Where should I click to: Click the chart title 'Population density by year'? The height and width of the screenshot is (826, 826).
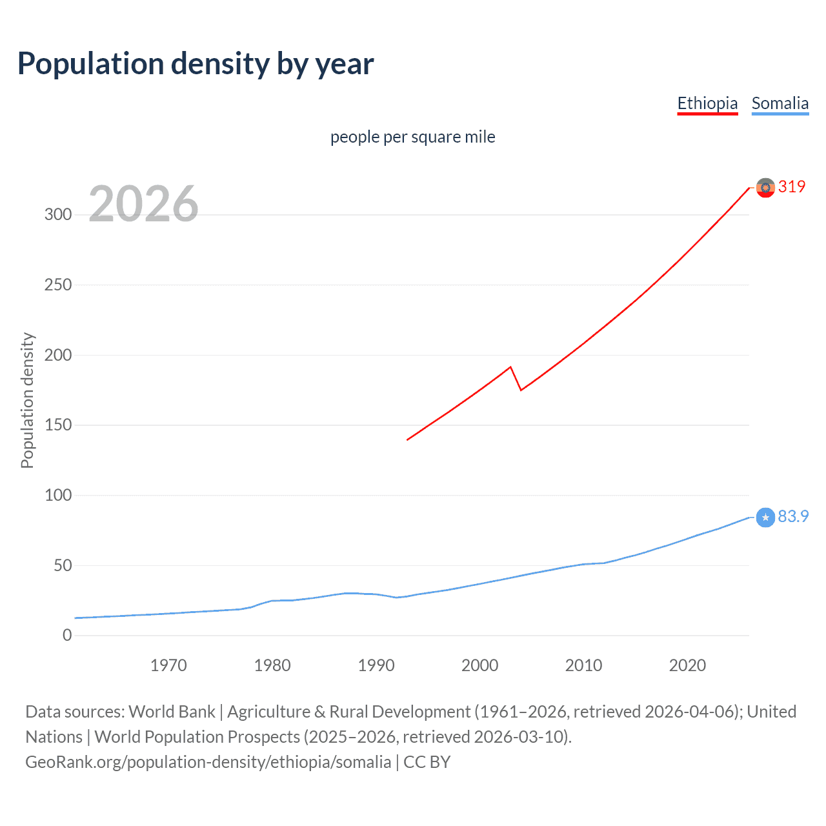pyautogui.click(x=196, y=64)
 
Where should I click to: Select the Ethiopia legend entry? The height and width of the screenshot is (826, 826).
pyautogui.click(x=707, y=104)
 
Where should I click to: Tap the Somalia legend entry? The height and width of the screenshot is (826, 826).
pyautogui.click(x=780, y=104)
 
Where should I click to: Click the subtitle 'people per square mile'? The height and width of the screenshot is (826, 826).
pyautogui.click(x=412, y=137)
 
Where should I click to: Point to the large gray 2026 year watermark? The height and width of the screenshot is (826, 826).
pyautogui.click(x=143, y=204)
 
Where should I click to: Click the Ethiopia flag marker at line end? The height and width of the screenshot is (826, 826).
pyautogui.click(x=765, y=188)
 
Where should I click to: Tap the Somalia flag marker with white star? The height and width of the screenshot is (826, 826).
pyautogui.click(x=765, y=518)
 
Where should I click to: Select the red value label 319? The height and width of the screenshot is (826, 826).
pyautogui.click(x=792, y=186)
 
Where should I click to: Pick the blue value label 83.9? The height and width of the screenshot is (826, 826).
pyautogui.click(x=793, y=516)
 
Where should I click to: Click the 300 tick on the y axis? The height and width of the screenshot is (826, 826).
pyautogui.click(x=58, y=215)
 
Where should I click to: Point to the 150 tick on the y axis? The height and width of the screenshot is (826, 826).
pyautogui.click(x=58, y=425)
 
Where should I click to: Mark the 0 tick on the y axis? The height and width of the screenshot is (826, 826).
pyautogui.click(x=67, y=636)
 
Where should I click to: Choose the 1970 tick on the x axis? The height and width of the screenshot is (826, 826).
pyautogui.click(x=168, y=665)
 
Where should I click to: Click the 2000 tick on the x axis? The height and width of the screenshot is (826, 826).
pyautogui.click(x=479, y=665)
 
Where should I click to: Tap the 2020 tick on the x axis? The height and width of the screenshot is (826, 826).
pyautogui.click(x=687, y=665)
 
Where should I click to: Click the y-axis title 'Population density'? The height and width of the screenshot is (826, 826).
pyautogui.click(x=27, y=400)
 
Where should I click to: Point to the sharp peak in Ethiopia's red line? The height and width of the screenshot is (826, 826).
pyautogui.click(x=510, y=367)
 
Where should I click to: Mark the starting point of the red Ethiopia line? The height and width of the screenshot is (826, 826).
pyautogui.click(x=407, y=439)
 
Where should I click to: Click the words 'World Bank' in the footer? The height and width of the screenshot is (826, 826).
pyautogui.click(x=172, y=712)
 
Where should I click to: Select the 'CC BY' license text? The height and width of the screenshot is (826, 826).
pyautogui.click(x=427, y=762)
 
